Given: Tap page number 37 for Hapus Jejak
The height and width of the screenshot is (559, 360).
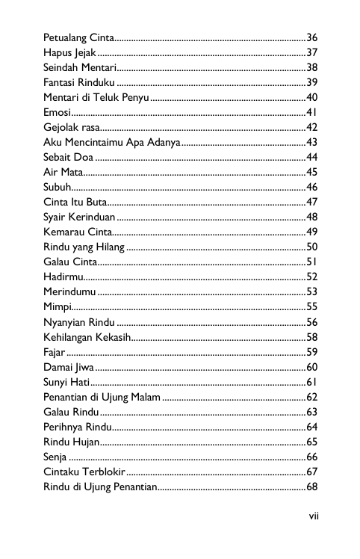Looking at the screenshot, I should tap(312, 52).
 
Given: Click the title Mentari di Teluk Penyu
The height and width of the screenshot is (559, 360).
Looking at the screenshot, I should tap(96, 97).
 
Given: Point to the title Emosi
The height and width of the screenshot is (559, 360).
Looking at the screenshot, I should tap(57, 112).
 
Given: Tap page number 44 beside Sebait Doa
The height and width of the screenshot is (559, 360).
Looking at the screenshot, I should tap(312, 157).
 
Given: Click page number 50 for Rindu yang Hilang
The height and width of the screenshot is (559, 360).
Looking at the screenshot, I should tap(312, 247).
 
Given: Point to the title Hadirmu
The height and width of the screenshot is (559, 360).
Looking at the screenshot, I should tap(63, 277).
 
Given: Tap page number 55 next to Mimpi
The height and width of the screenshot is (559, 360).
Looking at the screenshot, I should tap(312, 306).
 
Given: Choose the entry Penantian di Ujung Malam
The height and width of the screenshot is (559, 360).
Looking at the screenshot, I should tap(102, 397).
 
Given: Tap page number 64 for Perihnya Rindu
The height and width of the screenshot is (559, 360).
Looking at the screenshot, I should tap(312, 427).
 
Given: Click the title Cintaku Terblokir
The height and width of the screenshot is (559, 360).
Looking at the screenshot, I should tap(84, 472).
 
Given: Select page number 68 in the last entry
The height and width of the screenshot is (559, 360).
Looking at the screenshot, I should tap(312, 487).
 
